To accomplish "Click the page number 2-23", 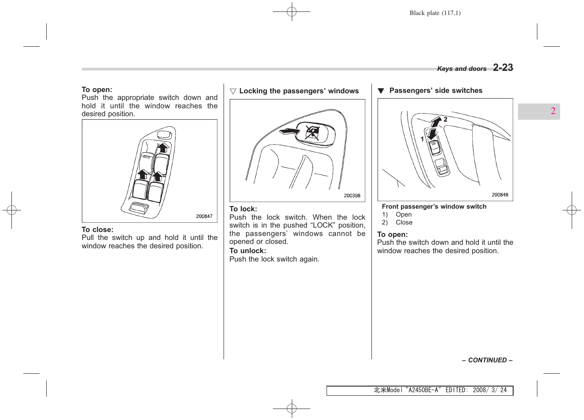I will click(503, 68).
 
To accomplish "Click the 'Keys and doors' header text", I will click(462, 69).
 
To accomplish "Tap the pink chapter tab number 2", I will click(553, 111).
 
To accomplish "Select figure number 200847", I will click(204, 217).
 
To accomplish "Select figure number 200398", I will click(352, 196).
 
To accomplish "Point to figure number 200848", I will click(500, 195).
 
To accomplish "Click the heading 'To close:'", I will click(97, 230).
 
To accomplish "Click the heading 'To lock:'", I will click(243, 209).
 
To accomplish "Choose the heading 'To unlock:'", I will click(247, 251).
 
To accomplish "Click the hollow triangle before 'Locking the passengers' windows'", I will click(233, 92).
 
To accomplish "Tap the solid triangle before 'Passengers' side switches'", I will click(381, 91).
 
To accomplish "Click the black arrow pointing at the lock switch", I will click(289, 131).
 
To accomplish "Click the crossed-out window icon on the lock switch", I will click(312, 132).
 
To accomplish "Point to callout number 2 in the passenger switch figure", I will click(445, 119).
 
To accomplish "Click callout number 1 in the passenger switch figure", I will click(422, 139).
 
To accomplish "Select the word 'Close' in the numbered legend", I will click(404, 223).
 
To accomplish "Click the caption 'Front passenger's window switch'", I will click(434, 206).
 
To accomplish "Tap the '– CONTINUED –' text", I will click(487, 360).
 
